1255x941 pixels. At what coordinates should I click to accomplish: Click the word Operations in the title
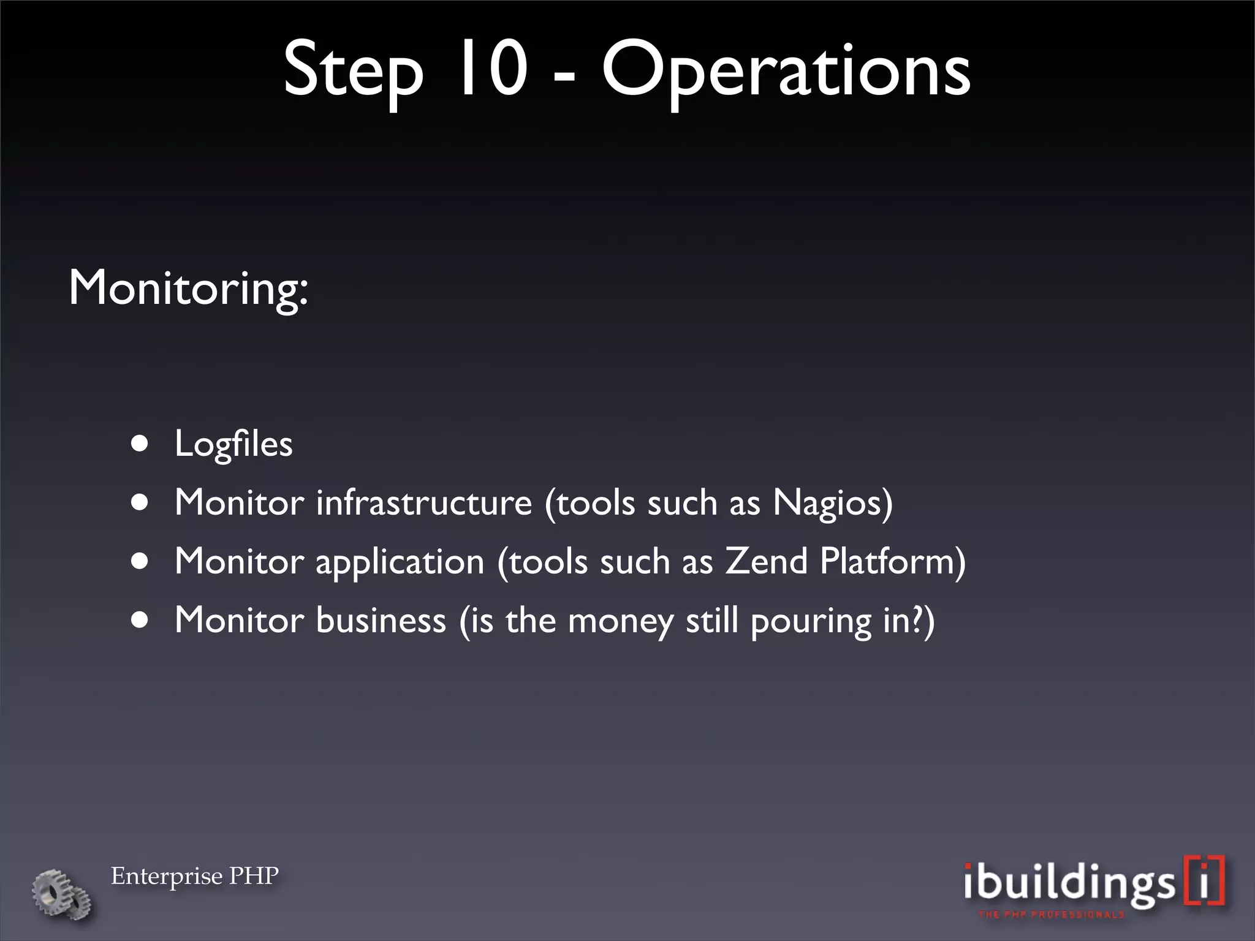786,72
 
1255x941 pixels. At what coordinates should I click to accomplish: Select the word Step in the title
353,72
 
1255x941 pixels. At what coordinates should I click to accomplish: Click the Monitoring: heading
188,287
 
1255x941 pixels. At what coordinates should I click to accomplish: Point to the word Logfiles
233,444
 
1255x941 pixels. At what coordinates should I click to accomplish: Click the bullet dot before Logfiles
140,444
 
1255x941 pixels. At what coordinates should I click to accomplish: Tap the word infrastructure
424,502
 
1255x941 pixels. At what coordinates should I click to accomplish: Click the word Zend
766,561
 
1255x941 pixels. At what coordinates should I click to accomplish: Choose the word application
400,562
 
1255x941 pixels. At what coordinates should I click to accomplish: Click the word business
381,620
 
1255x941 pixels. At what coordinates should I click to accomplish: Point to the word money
620,621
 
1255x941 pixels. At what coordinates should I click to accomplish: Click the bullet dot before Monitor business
140,620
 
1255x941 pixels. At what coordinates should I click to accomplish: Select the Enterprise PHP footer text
195,876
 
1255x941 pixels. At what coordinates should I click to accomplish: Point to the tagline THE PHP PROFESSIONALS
1052,915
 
